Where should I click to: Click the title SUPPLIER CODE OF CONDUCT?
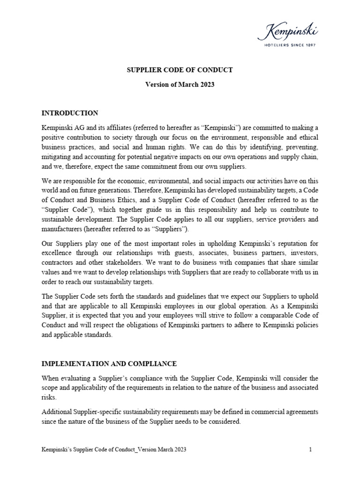[x=180, y=70]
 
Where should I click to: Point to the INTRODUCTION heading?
[x=70, y=113]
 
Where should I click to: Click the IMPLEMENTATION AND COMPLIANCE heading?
[x=109, y=364]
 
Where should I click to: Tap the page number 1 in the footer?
[x=310, y=450]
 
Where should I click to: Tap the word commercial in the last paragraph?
[x=258, y=412]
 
